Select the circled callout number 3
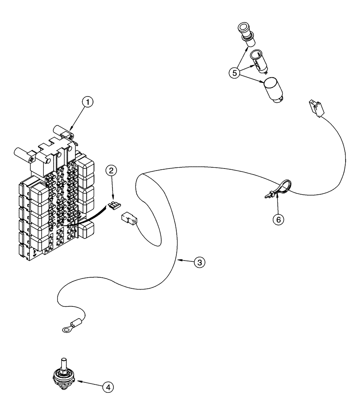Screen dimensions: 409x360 click(x=199, y=263)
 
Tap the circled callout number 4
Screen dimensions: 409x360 click(x=108, y=386)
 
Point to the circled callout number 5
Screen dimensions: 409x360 click(x=235, y=74)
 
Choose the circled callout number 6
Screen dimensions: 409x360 click(x=278, y=220)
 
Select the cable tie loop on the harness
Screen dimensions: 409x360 click(x=282, y=188)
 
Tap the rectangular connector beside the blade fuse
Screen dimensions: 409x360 click(x=129, y=219)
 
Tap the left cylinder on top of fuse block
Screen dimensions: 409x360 click(x=21, y=154)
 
